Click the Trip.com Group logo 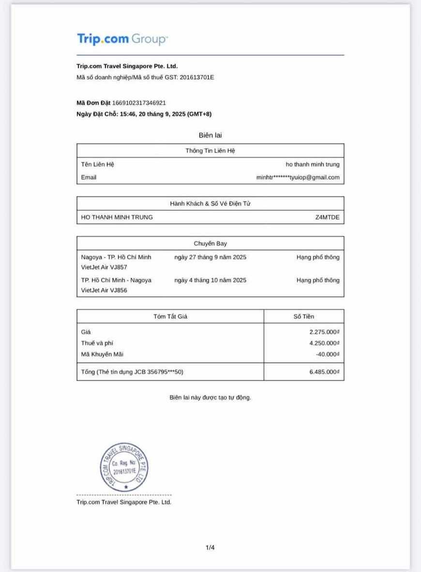coord(122,39)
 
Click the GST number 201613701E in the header coord(196,77)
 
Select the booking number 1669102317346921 coord(139,103)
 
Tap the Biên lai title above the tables coord(210,135)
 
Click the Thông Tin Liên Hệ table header coord(210,151)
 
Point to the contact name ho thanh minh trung coord(312,165)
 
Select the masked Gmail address coord(298,178)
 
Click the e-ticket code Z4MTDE coord(327,217)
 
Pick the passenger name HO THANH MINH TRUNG coord(117,217)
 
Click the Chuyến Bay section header coord(210,243)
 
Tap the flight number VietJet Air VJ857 coord(104,267)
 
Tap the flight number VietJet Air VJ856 coord(104,290)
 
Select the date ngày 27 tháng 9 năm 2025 coord(210,257)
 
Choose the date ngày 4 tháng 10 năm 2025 coord(210,280)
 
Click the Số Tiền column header coord(303,316)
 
